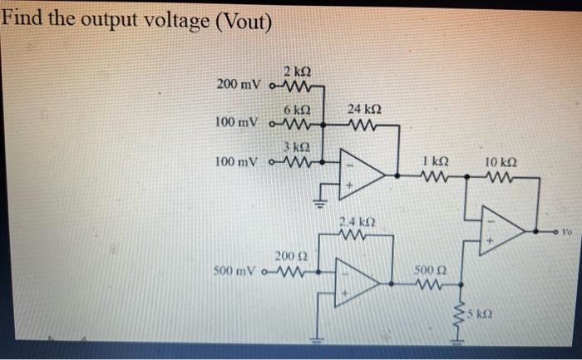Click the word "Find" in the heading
click(24, 17)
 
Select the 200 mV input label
click(239, 85)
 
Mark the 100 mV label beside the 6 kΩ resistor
click(237, 123)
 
